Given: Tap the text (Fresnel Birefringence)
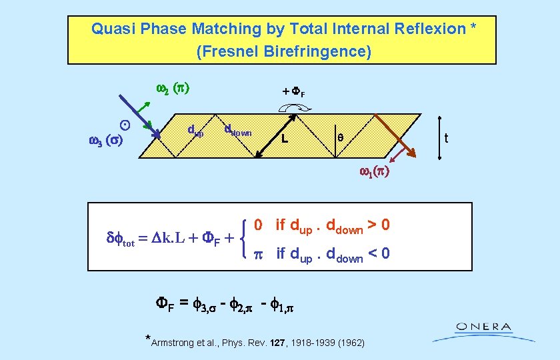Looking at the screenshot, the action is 283,51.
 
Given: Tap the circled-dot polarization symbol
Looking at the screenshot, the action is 124,125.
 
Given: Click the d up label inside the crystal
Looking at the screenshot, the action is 195,131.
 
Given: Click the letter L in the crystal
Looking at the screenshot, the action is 285,139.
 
